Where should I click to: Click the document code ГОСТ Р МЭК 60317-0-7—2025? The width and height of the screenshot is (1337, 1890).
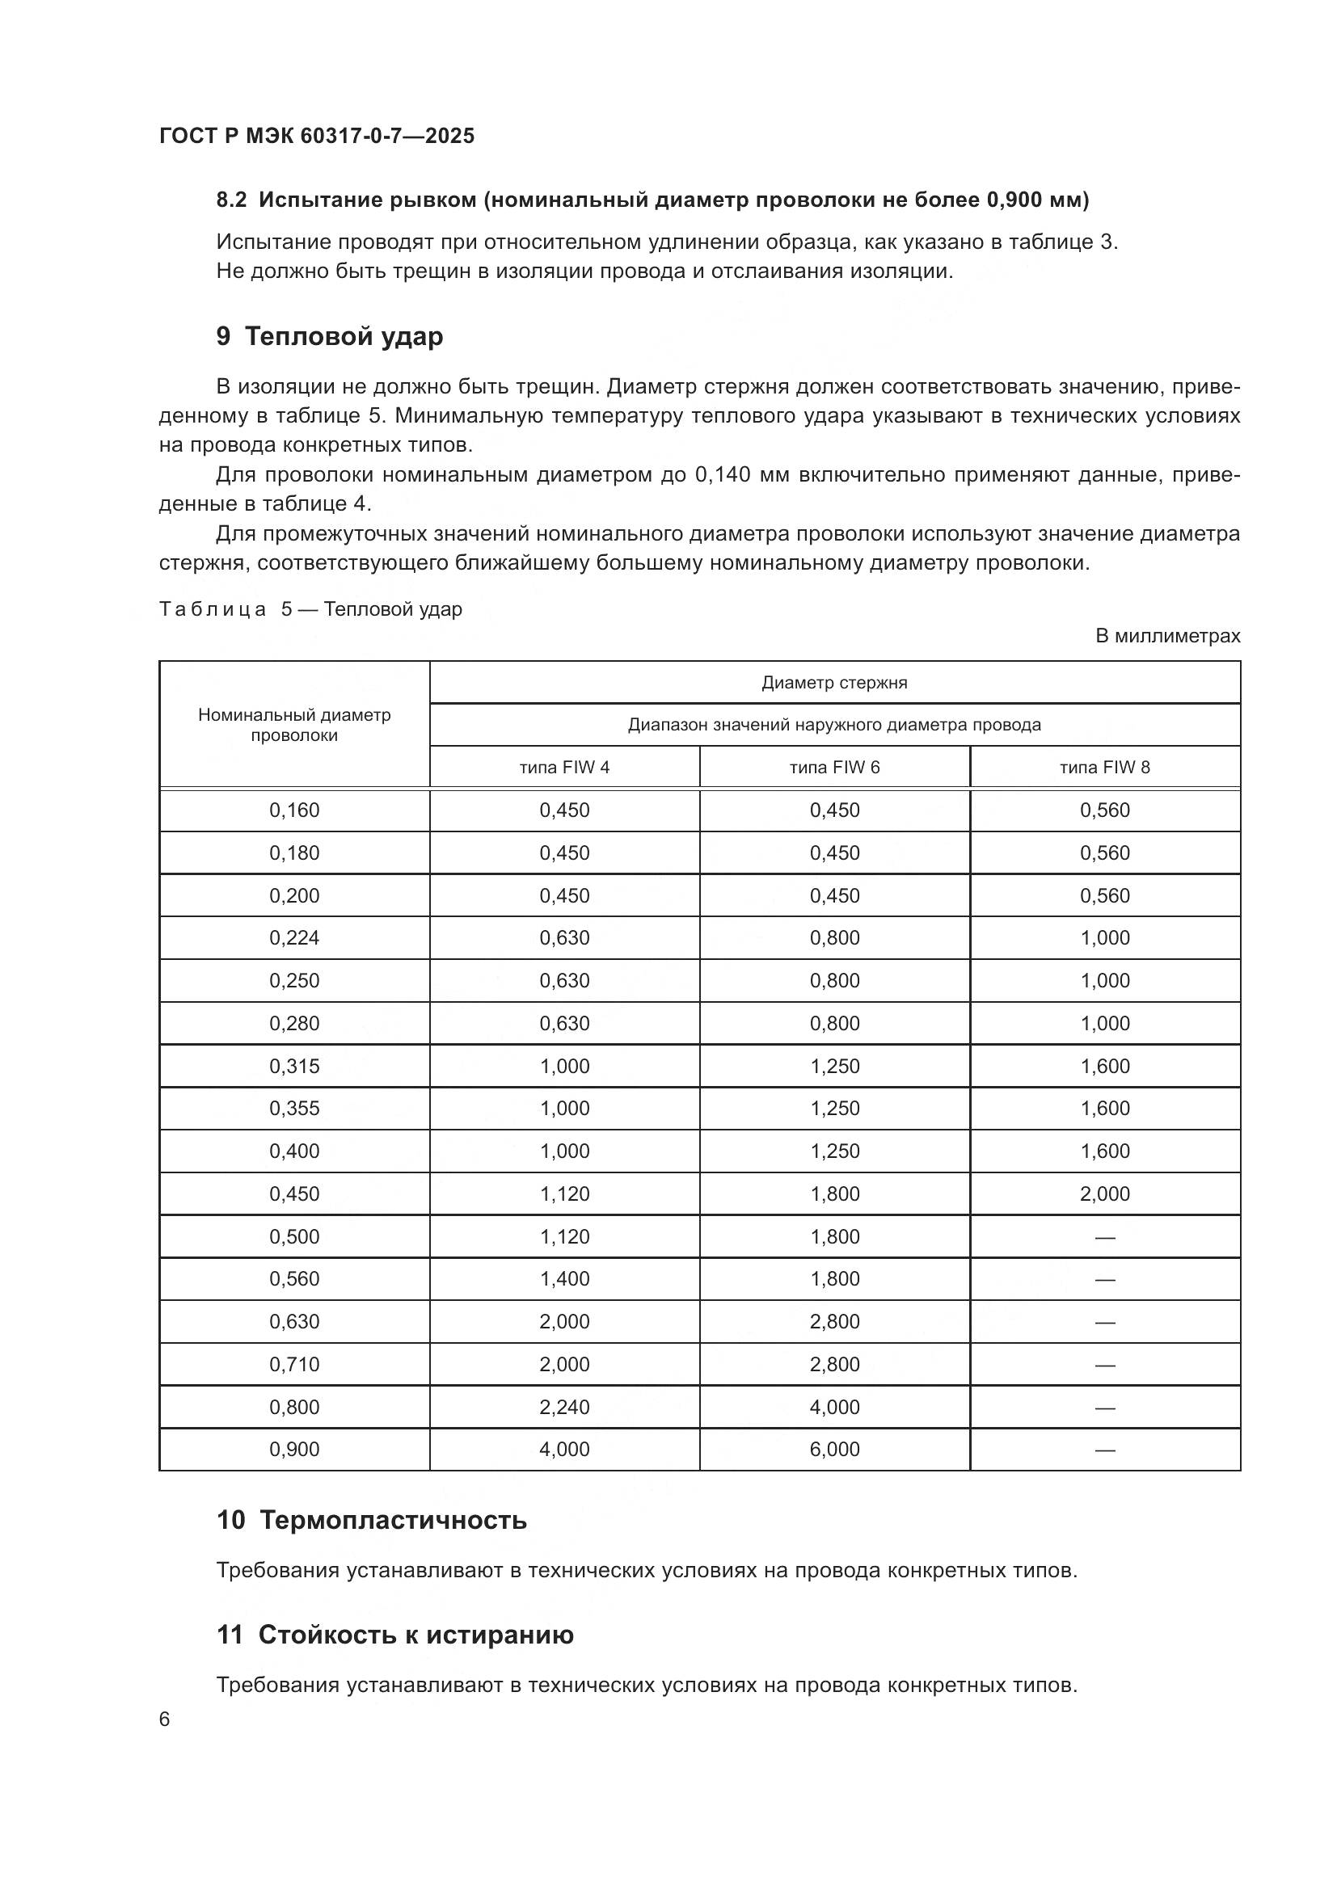tap(317, 136)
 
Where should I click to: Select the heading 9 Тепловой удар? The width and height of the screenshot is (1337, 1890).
tap(329, 337)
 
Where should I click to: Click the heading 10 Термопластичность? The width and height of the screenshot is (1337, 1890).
tap(371, 1520)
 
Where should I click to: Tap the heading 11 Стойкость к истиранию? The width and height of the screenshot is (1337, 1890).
tap(395, 1634)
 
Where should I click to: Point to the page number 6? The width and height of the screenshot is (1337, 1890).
tap(165, 1719)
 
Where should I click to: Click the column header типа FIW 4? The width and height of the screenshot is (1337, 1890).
tap(564, 767)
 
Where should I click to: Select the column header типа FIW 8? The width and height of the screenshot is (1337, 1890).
tap(1104, 767)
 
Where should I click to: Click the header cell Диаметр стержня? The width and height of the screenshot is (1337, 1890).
tap(834, 683)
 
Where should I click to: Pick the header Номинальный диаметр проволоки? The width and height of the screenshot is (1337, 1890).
tap(294, 724)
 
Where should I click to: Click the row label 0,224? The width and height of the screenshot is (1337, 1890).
tap(294, 937)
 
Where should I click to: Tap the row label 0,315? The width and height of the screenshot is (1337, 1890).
tap(294, 1066)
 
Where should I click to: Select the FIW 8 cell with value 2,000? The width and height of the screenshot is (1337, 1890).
tap(1104, 1193)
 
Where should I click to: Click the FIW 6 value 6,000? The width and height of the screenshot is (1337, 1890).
tap(834, 1449)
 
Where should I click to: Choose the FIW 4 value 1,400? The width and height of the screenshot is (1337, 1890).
tap(564, 1278)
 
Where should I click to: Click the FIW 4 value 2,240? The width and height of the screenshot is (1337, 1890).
tap(564, 1407)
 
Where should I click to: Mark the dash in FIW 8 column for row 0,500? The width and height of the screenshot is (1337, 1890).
tap(1104, 1237)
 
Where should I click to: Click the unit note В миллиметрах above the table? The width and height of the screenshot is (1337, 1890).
tap(1166, 635)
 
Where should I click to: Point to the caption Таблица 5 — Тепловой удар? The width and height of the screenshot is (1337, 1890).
tap(310, 609)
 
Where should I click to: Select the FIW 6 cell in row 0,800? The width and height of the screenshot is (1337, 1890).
tap(834, 1407)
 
